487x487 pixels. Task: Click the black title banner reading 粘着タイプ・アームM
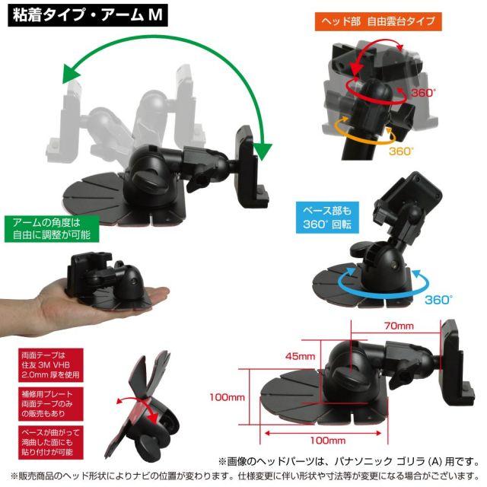pyautogui.click(x=88, y=15)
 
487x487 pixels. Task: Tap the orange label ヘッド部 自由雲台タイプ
pyautogui.click(x=378, y=21)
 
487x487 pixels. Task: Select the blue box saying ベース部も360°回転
pyautogui.click(x=327, y=218)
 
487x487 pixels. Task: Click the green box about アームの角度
pyautogui.click(x=52, y=228)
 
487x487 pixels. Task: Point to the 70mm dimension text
pyautogui.click(x=399, y=326)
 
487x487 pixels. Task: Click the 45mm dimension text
pyautogui.click(x=300, y=356)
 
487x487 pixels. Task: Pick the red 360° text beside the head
pyautogui.click(x=423, y=93)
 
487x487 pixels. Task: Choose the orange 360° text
pyautogui.click(x=401, y=151)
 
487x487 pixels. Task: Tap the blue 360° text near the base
pyautogui.click(x=438, y=300)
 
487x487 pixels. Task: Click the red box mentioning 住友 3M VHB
pyautogui.click(x=51, y=365)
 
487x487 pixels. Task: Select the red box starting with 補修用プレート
pyautogui.click(x=51, y=404)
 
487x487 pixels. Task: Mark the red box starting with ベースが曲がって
pyautogui.click(x=51, y=442)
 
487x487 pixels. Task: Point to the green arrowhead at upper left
pyautogui.click(x=71, y=73)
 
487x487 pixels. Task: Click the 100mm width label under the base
pyautogui.click(x=328, y=441)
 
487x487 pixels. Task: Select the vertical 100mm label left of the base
pyautogui.click(x=227, y=397)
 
